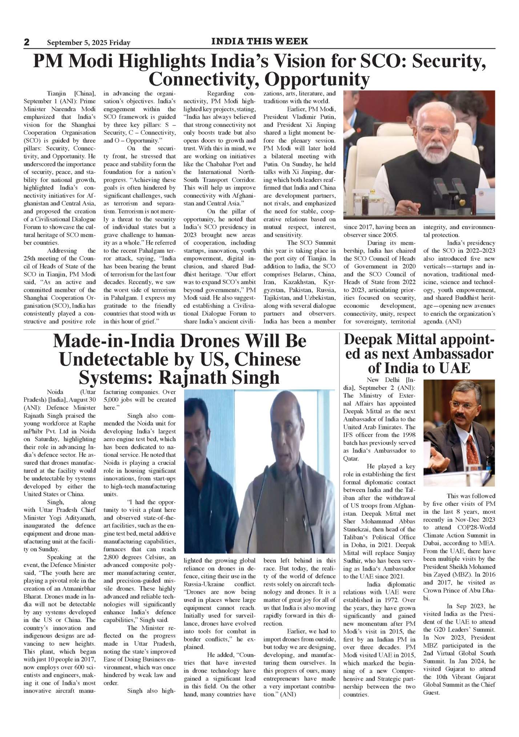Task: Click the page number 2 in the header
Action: pyautogui.click(x=27, y=42)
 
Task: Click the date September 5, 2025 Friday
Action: pyautogui.click(x=88, y=43)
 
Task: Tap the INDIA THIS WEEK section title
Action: pyautogui.click(x=259, y=41)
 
